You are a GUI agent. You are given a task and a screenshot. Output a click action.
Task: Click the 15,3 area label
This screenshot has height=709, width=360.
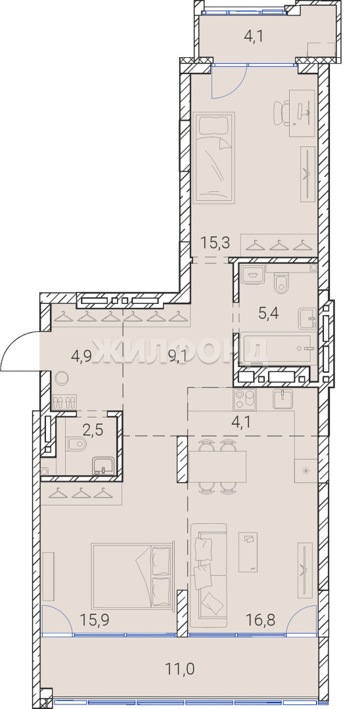coord(215,243)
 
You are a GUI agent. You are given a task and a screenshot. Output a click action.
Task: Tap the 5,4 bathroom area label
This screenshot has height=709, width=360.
coord(267,312)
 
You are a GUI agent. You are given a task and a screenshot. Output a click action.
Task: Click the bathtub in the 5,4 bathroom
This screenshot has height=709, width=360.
coord(275,349)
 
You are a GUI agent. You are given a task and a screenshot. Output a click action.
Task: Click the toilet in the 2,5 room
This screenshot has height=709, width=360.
coord(76,444)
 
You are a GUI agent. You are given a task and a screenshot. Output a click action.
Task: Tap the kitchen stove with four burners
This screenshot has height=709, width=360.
coord(244,399)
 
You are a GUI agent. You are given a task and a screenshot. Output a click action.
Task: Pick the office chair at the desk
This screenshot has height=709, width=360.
coord(282,113)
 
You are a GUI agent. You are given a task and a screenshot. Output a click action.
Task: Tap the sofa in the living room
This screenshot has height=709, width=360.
coord(208,575)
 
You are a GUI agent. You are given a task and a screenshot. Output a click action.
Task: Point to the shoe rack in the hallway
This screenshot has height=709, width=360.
coord(64,402)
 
